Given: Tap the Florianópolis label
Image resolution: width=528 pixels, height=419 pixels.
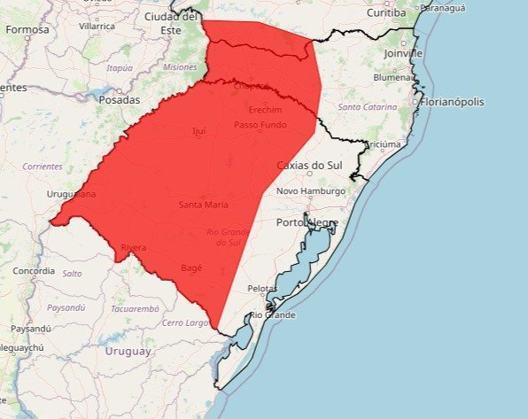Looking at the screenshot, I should pyautogui.click(x=453, y=102).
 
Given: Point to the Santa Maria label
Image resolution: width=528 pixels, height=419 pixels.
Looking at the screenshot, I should pyautogui.click(x=204, y=205).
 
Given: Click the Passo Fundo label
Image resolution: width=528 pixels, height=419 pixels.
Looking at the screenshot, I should pyautogui.click(x=260, y=125).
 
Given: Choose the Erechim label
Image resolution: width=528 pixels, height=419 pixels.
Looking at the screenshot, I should pyautogui.click(x=266, y=110).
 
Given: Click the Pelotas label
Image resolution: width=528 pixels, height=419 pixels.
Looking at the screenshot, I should pyautogui.click(x=262, y=289).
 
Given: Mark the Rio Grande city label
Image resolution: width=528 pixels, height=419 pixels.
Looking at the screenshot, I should pyautogui.click(x=273, y=315).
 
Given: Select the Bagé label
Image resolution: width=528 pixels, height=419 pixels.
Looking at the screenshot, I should pyautogui.click(x=192, y=267).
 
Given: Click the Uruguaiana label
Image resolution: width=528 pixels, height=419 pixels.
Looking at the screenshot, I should pyautogui.click(x=72, y=193).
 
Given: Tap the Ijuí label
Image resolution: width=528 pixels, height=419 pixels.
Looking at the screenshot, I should pyautogui.click(x=198, y=131).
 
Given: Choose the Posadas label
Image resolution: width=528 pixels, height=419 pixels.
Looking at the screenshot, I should pyautogui.click(x=120, y=100).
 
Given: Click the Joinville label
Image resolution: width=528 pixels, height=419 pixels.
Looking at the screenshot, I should pyautogui.click(x=404, y=53).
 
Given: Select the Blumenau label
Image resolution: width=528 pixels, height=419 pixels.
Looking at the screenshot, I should pyautogui.click(x=395, y=77).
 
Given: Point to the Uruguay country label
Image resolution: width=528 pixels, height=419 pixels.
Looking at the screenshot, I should pyautogui.click(x=129, y=351).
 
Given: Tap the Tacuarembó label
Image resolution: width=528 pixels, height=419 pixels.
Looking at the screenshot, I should pyautogui.click(x=135, y=308).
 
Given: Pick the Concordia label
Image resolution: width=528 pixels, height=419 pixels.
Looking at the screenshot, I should pyautogui.click(x=34, y=270).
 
